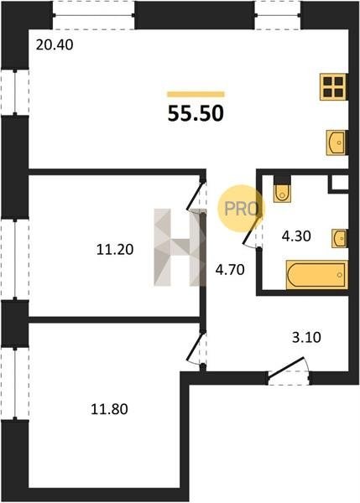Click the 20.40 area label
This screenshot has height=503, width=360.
click(55, 45)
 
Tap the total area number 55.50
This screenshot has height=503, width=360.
click(196, 113)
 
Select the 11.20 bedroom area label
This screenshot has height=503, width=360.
click(115, 249)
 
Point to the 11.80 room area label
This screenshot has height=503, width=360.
click(109, 409)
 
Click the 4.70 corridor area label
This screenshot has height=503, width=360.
click(230, 270)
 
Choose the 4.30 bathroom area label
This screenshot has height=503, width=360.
click(296, 236)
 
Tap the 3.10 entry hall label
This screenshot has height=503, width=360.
click(306, 338)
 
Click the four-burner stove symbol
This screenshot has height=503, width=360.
click(333, 87)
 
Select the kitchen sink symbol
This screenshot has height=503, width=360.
click(337, 143)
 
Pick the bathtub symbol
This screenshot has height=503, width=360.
click(316, 275)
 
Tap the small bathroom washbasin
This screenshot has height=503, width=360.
click(339, 238)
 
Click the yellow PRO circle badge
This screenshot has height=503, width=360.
click(241, 209)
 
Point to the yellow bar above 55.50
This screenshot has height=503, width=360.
click(196, 94)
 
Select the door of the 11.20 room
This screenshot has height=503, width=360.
click(195, 196)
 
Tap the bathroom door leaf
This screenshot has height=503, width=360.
click(252, 231)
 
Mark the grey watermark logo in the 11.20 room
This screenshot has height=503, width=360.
click(180, 247)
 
